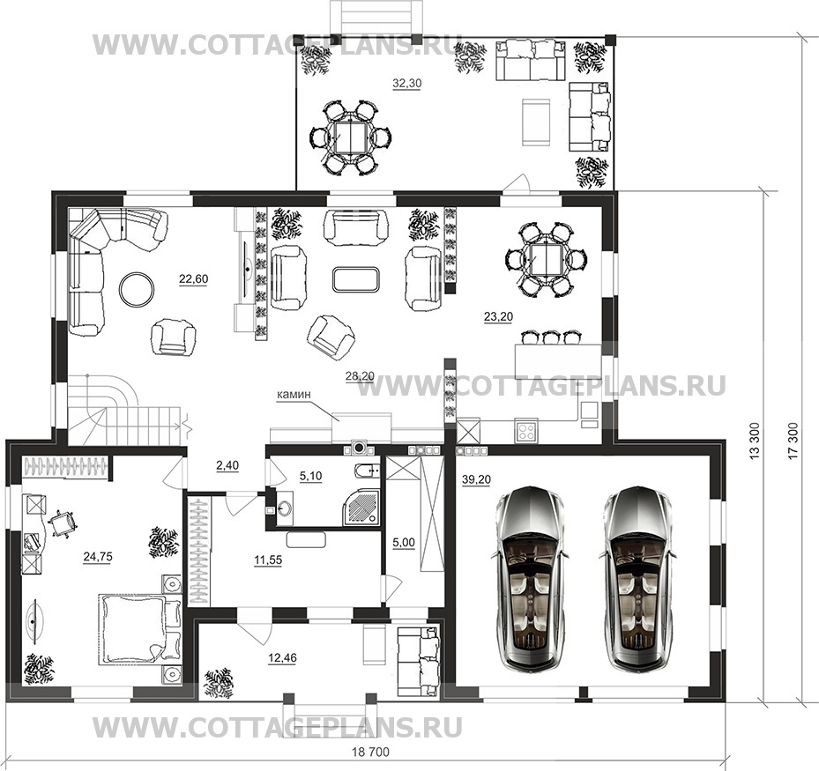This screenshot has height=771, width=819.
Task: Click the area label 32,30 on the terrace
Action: (x=407, y=83)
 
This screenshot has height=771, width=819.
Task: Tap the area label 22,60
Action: (x=193, y=278)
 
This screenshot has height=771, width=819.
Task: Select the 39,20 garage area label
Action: (x=476, y=479)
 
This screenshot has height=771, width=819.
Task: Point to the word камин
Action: (x=294, y=395)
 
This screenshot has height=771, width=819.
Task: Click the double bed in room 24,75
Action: (x=139, y=629)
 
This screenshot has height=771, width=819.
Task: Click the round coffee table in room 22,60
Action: (x=137, y=289)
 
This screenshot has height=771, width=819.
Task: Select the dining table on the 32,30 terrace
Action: (x=350, y=137)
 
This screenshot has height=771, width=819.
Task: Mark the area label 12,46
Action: (x=282, y=658)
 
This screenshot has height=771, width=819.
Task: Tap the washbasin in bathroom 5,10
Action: (x=284, y=508)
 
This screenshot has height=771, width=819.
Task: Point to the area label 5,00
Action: (x=404, y=543)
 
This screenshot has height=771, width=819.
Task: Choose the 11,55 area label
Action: (x=268, y=560)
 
